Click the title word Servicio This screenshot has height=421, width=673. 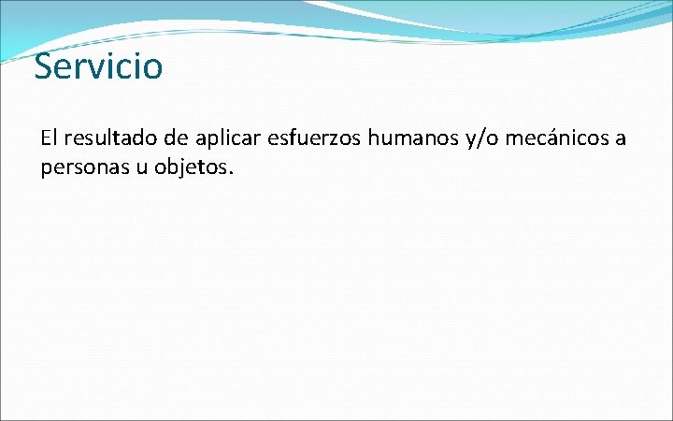click(98, 66)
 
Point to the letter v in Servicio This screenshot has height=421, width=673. click(95, 68)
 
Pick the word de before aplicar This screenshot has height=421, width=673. click(174, 139)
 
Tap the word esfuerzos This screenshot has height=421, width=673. click(316, 139)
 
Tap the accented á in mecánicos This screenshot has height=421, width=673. click(545, 139)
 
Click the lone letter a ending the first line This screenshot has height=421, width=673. click(620, 140)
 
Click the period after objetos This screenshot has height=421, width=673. click(228, 174)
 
